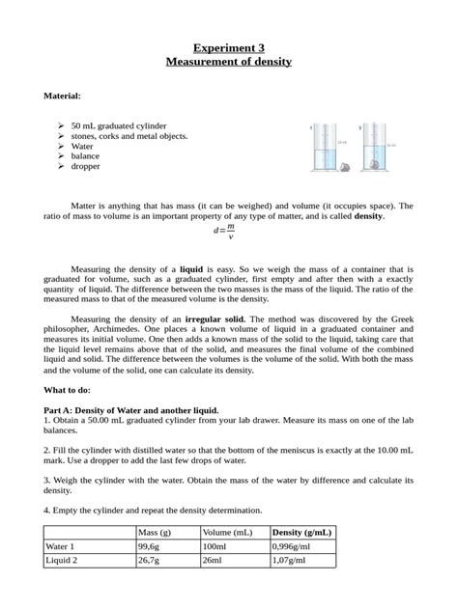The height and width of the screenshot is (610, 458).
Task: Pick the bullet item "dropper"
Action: [85, 166]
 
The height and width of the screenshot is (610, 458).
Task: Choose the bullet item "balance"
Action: [86, 155]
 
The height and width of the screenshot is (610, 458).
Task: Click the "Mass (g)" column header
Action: [155, 533]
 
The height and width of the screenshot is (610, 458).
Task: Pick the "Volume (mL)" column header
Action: [228, 533]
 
